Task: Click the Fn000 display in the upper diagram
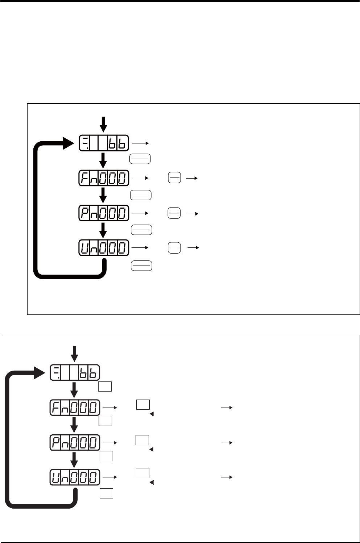click(x=104, y=178)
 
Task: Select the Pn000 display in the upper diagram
click(x=104, y=213)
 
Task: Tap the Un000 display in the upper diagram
click(x=104, y=248)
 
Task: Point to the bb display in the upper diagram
click(x=104, y=143)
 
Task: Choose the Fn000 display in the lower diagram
click(x=75, y=408)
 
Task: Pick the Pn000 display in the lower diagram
click(x=75, y=443)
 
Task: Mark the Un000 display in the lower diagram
click(x=75, y=477)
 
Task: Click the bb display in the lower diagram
click(x=75, y=373)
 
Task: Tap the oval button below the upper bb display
click(x=140, y=159)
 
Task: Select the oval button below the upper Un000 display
click(x=141, y=266)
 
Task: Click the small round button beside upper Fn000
click(x=174, y=178)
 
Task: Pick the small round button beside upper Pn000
click(x=174, y=213)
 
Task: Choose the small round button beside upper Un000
click(x=174, y=248)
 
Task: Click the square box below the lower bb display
click(x=105, y=387)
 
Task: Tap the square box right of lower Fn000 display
click(x=143, y=405)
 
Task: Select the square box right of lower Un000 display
click(x=142, y=473)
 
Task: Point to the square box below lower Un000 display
click(x=106, y=493)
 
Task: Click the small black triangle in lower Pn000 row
click(x=152, y=450)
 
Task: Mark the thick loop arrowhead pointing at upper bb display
click(x=68, y=143)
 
